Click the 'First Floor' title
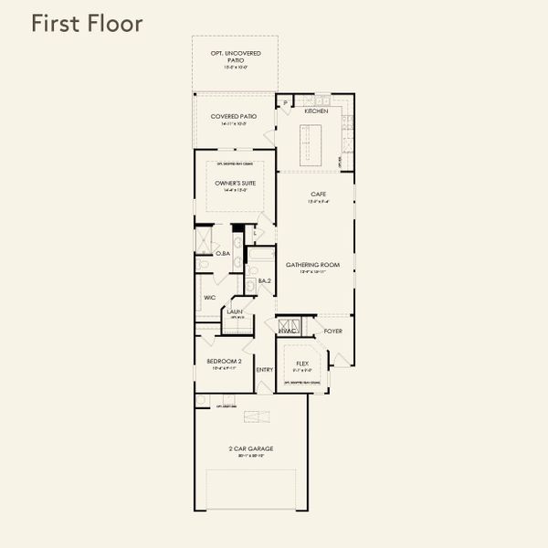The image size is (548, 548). [87, 24]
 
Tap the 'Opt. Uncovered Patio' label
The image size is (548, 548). [235, 57]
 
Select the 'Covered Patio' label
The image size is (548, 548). [234, 117]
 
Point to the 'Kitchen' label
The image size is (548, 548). [316, 111]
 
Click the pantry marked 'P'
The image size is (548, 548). [286, 103]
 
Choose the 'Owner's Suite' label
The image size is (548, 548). [235, 184]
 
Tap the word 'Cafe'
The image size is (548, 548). [318, 194]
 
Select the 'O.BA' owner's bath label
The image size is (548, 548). [222, 253]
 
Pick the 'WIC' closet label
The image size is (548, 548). [209, 299]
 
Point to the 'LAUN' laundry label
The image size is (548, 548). [235, 311]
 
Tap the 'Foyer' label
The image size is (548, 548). [332, 331]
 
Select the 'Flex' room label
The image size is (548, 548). [301, 363]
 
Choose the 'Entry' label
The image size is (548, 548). [265, 370]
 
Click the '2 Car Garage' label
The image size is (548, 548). [250, 448]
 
